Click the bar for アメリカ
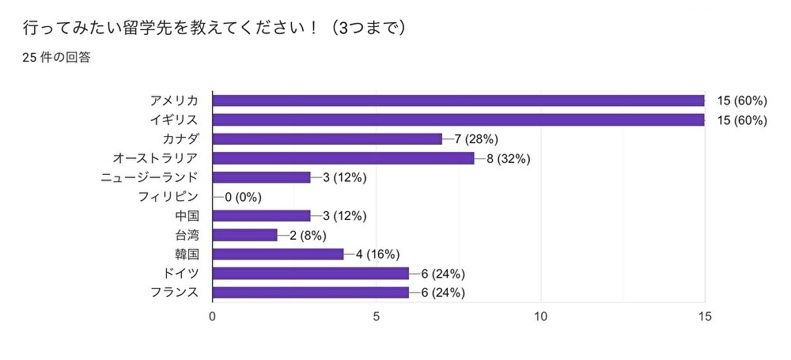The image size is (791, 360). click(459, 100)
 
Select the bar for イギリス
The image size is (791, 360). click(459, 119)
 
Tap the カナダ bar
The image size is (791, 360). click(327, 139)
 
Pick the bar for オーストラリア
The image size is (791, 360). click(343, 158)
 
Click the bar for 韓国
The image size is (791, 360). click(278, 254)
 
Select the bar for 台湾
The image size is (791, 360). click(245, 235)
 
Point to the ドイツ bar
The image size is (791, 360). click(311, 273)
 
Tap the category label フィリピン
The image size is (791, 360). click(168, 196)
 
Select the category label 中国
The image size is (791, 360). click(187, 216)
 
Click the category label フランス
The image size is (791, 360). click(174, 293)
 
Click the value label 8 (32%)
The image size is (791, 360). click(508, 158)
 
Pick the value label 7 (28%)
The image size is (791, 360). click(475, 139)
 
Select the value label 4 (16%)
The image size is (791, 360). click(377, 254)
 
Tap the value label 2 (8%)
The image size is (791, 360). click(308, 235)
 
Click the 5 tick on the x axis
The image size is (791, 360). click(377, 316)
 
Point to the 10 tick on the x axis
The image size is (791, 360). click(541, 316)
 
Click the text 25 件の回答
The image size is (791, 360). click(55, 57)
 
